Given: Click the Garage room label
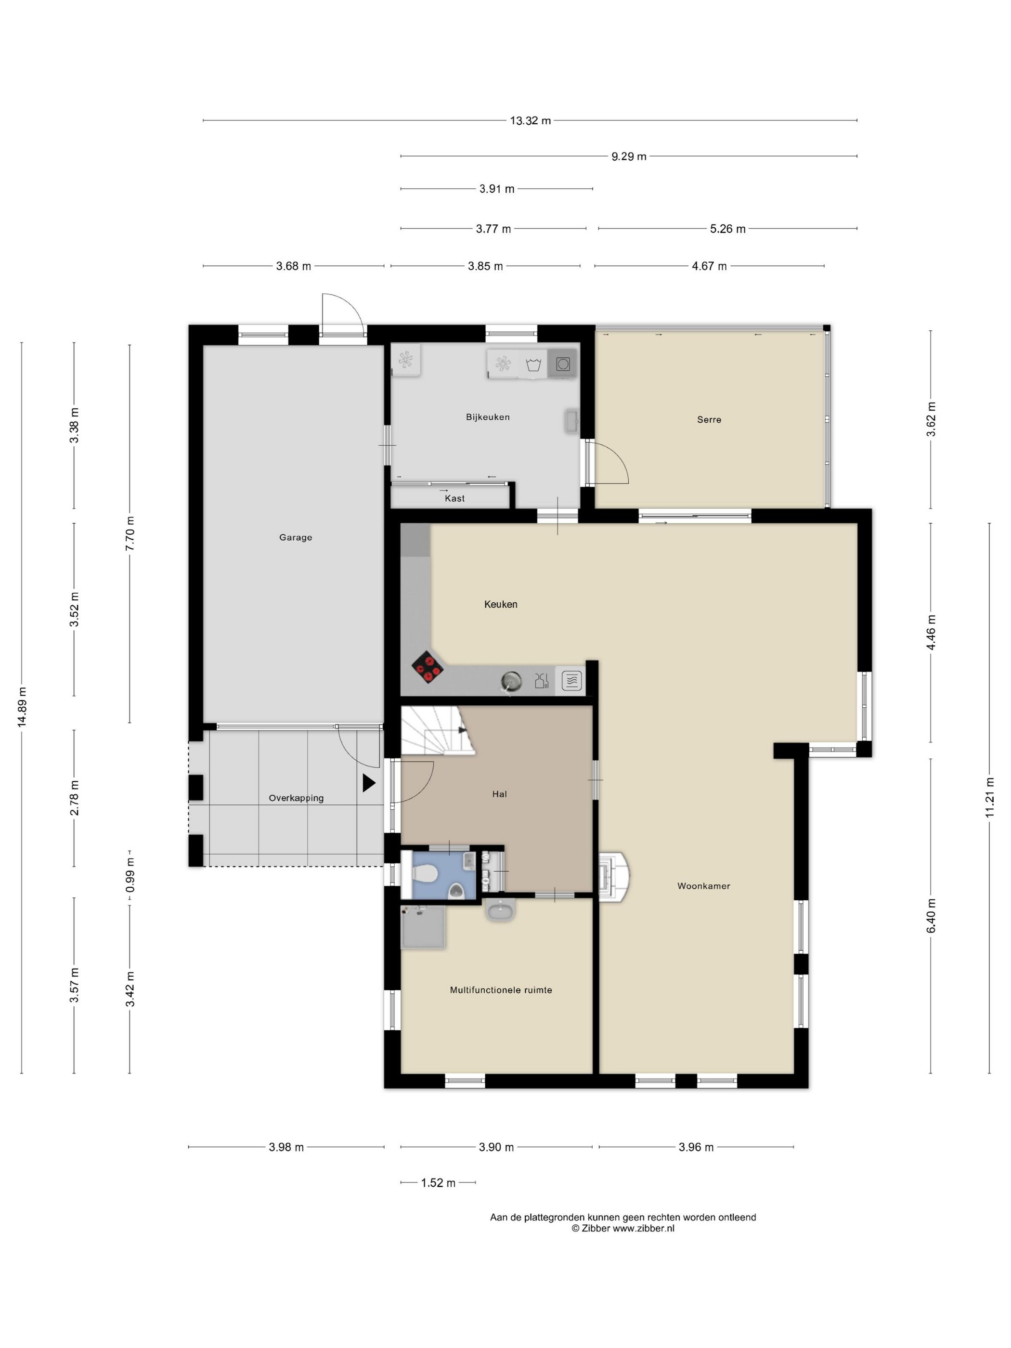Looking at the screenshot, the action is (296, 537).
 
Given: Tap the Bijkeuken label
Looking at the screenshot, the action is (488, 417).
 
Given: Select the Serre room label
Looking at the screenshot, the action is (709, 419).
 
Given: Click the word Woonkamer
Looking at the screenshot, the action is (703, 886).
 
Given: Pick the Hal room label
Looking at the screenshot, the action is (499, 794).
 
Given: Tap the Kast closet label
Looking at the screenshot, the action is (454, 498).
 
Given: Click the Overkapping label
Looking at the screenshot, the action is (296, 798).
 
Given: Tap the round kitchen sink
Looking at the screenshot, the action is (511, 681).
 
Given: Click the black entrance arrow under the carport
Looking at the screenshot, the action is (369, 783).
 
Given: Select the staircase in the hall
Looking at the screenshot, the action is (438, 730).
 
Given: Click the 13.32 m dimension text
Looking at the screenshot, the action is (530, 121).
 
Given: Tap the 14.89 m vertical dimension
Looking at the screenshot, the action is (22, 707).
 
